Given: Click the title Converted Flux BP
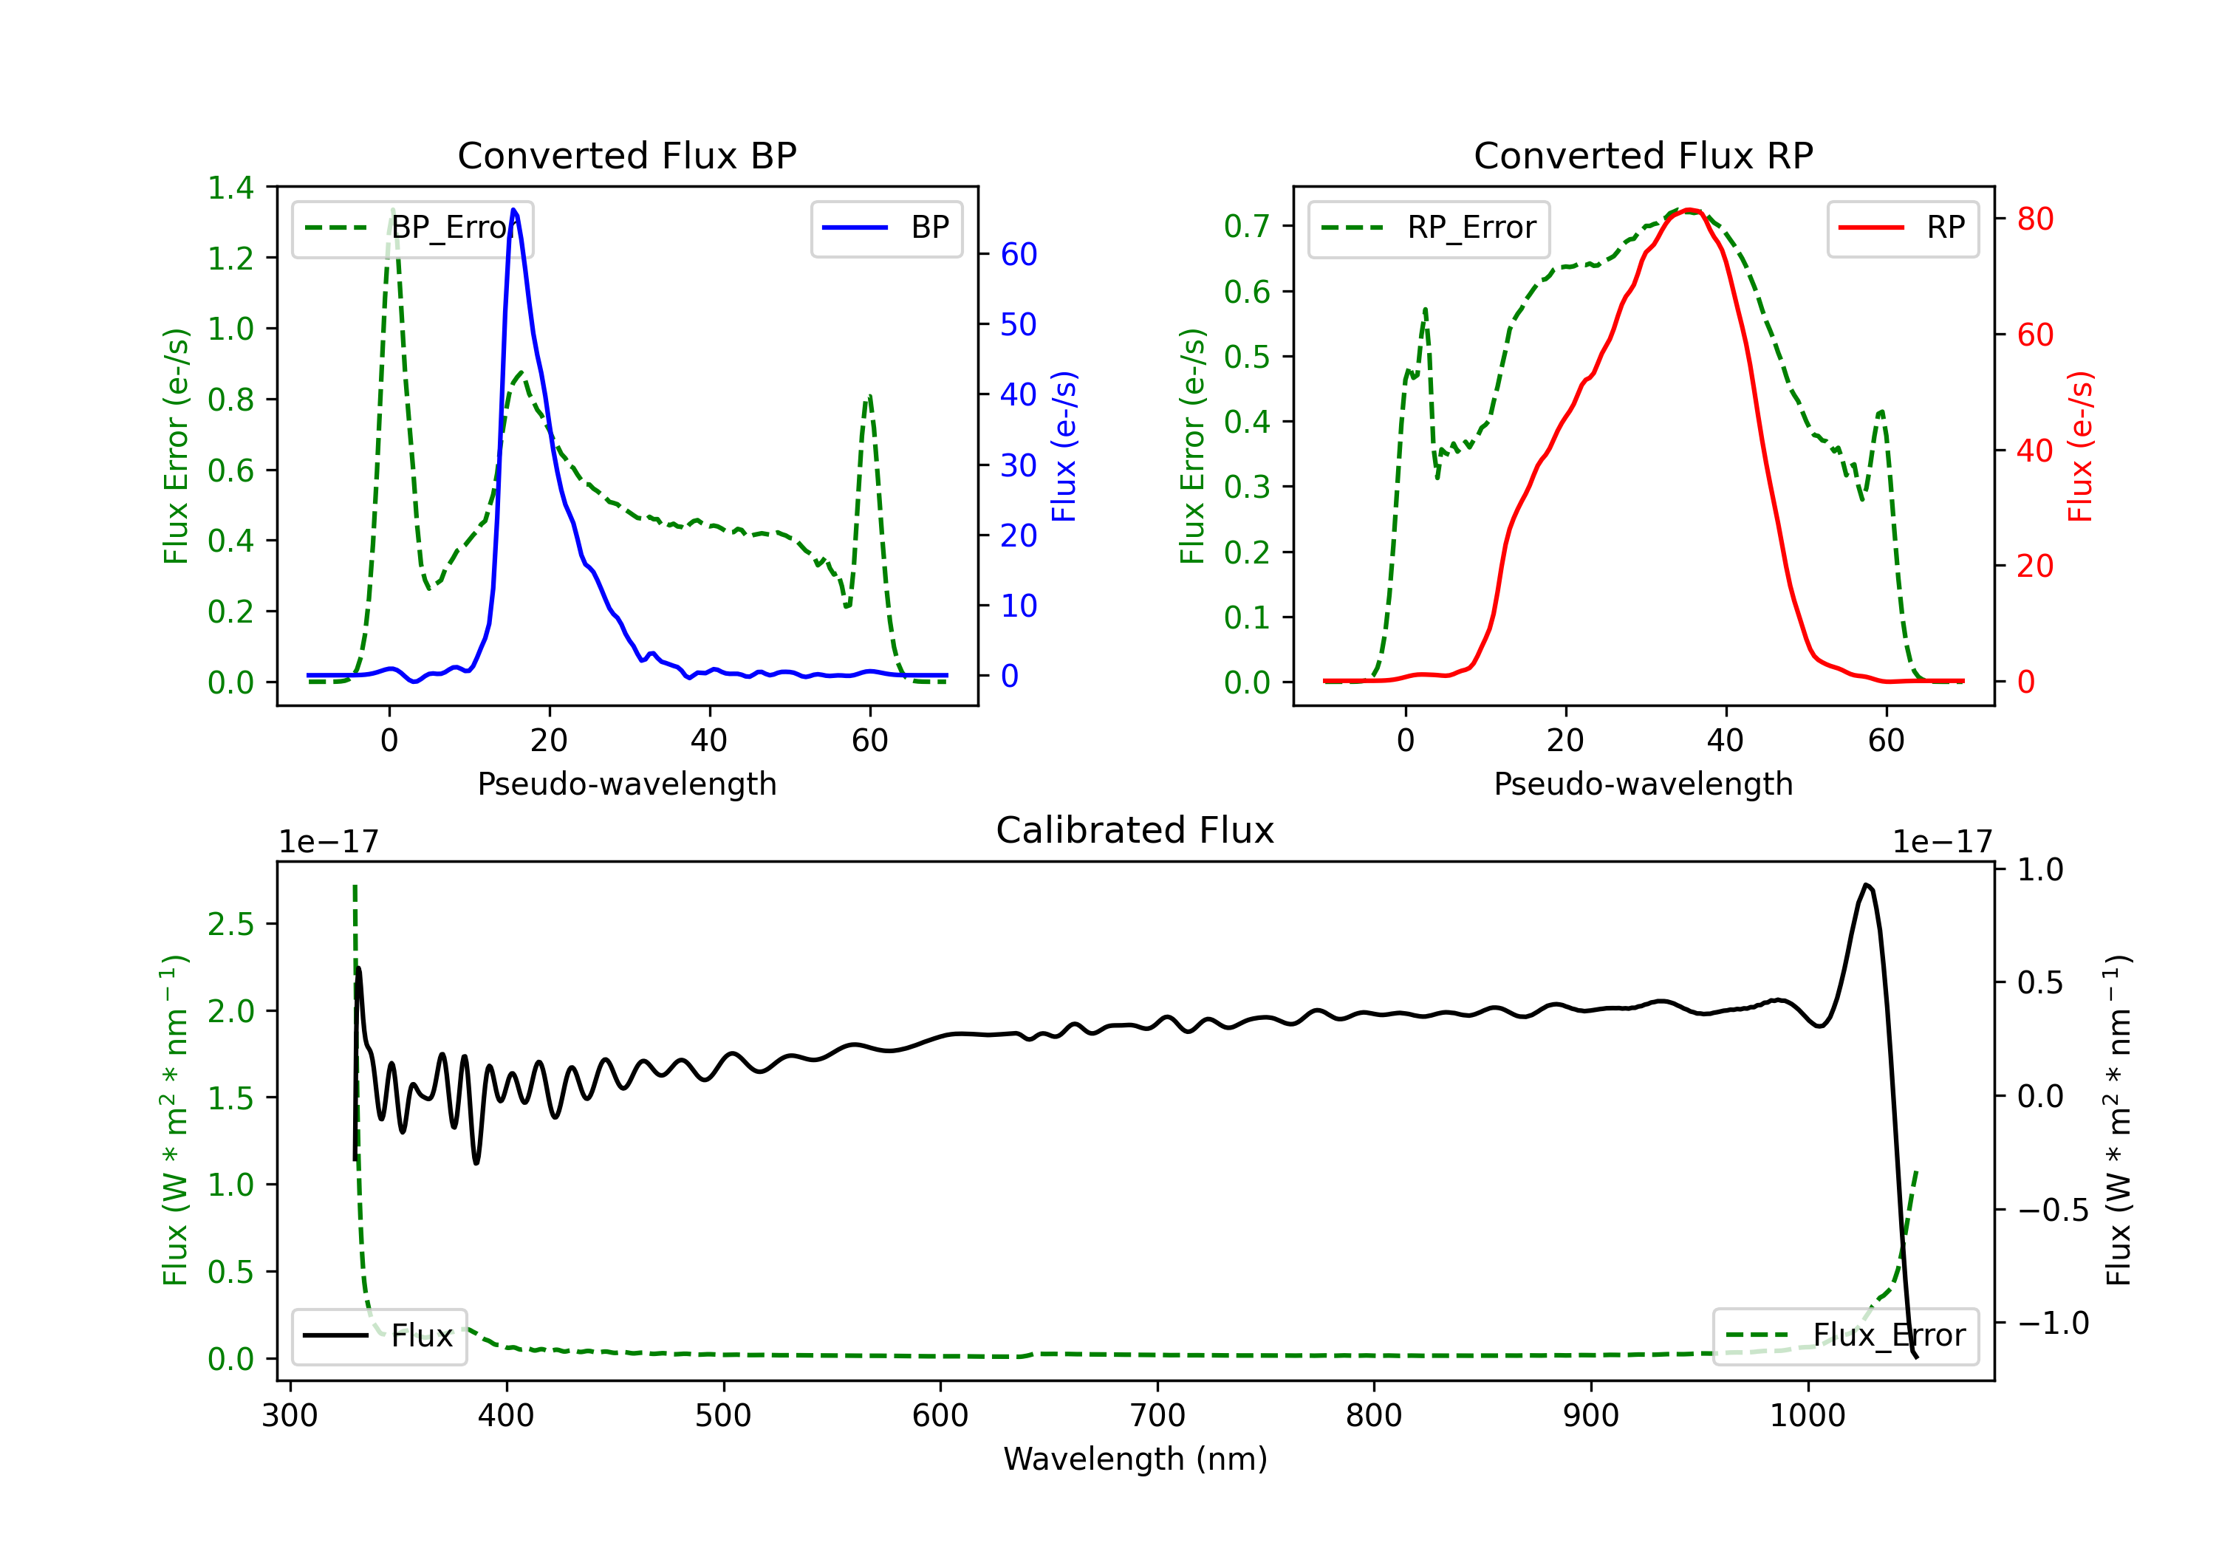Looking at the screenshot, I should [x=626, y=155].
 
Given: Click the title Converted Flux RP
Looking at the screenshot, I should [x=1643, y=155].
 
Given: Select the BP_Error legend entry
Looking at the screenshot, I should [x=413, y=227].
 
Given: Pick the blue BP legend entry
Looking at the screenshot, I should [x=886, y=227].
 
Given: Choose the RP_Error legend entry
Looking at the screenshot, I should [x=1429, y=227].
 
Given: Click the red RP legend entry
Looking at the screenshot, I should [x=1902, y=227].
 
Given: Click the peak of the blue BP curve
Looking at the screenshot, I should [x=513, y=210].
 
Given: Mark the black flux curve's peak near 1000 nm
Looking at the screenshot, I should [x=1867, y=884].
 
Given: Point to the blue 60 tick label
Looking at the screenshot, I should [x=1018, y=254].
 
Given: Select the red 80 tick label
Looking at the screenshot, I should [x=2034, y=219].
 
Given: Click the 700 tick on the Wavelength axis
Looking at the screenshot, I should [x=1157, y=1416].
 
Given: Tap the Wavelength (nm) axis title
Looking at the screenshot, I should [x=1135, y=1459].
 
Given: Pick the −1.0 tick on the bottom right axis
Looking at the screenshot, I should [x=2052, y=1322].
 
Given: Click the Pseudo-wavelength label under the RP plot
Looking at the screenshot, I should [x=1643, y=784].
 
